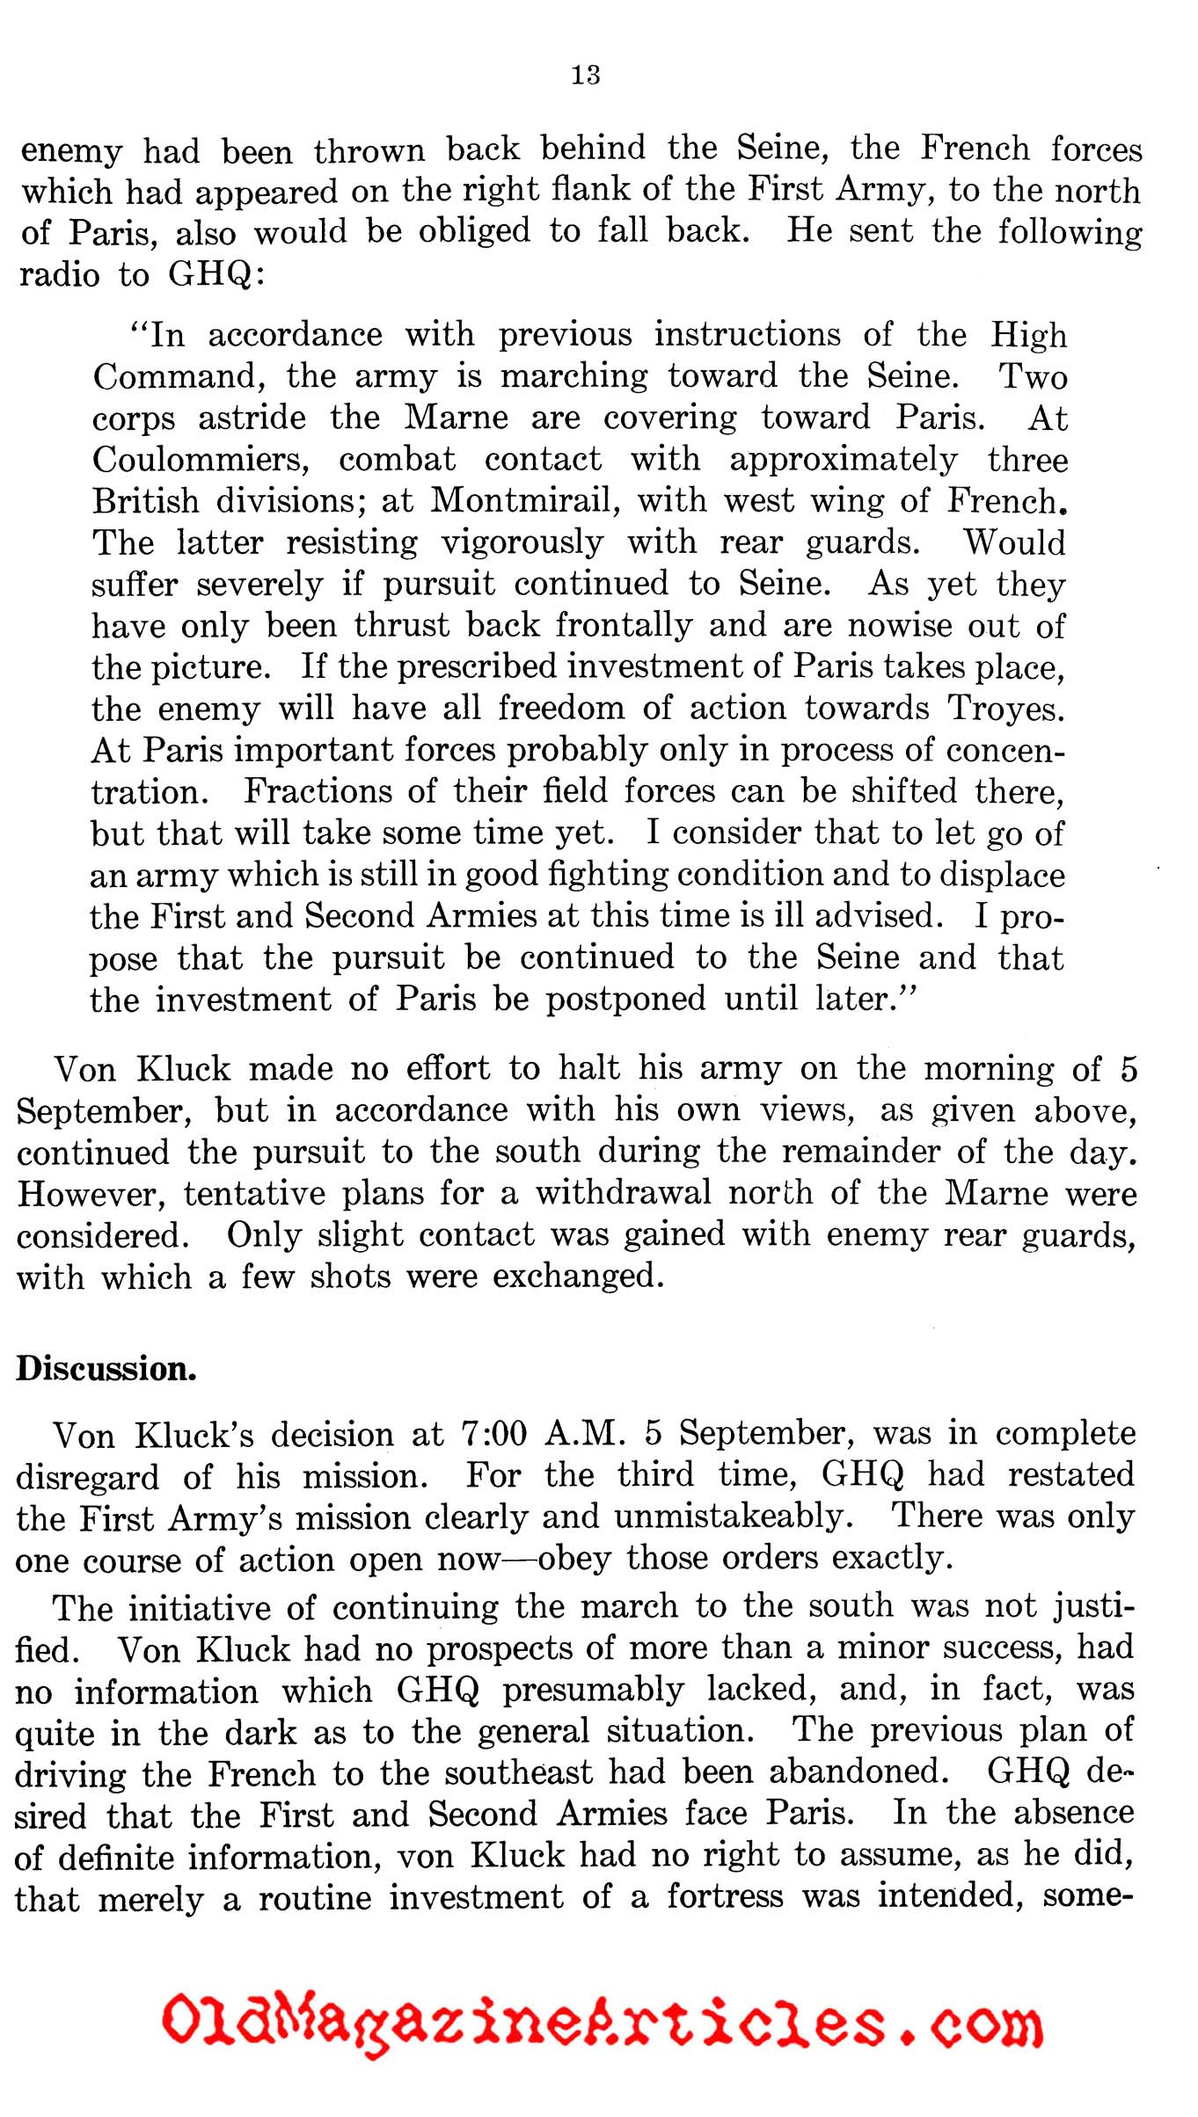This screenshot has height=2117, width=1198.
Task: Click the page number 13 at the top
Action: (x=586, y=75)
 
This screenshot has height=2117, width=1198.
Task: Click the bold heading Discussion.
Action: (x=106, y=1368)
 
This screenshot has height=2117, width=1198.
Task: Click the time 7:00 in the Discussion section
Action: (x=493, y=1435)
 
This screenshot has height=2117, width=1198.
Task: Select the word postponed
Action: (x=625, y=1000)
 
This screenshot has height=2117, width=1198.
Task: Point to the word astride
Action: (x=252, y=417)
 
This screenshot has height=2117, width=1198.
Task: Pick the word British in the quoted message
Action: (x=146, y=500)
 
